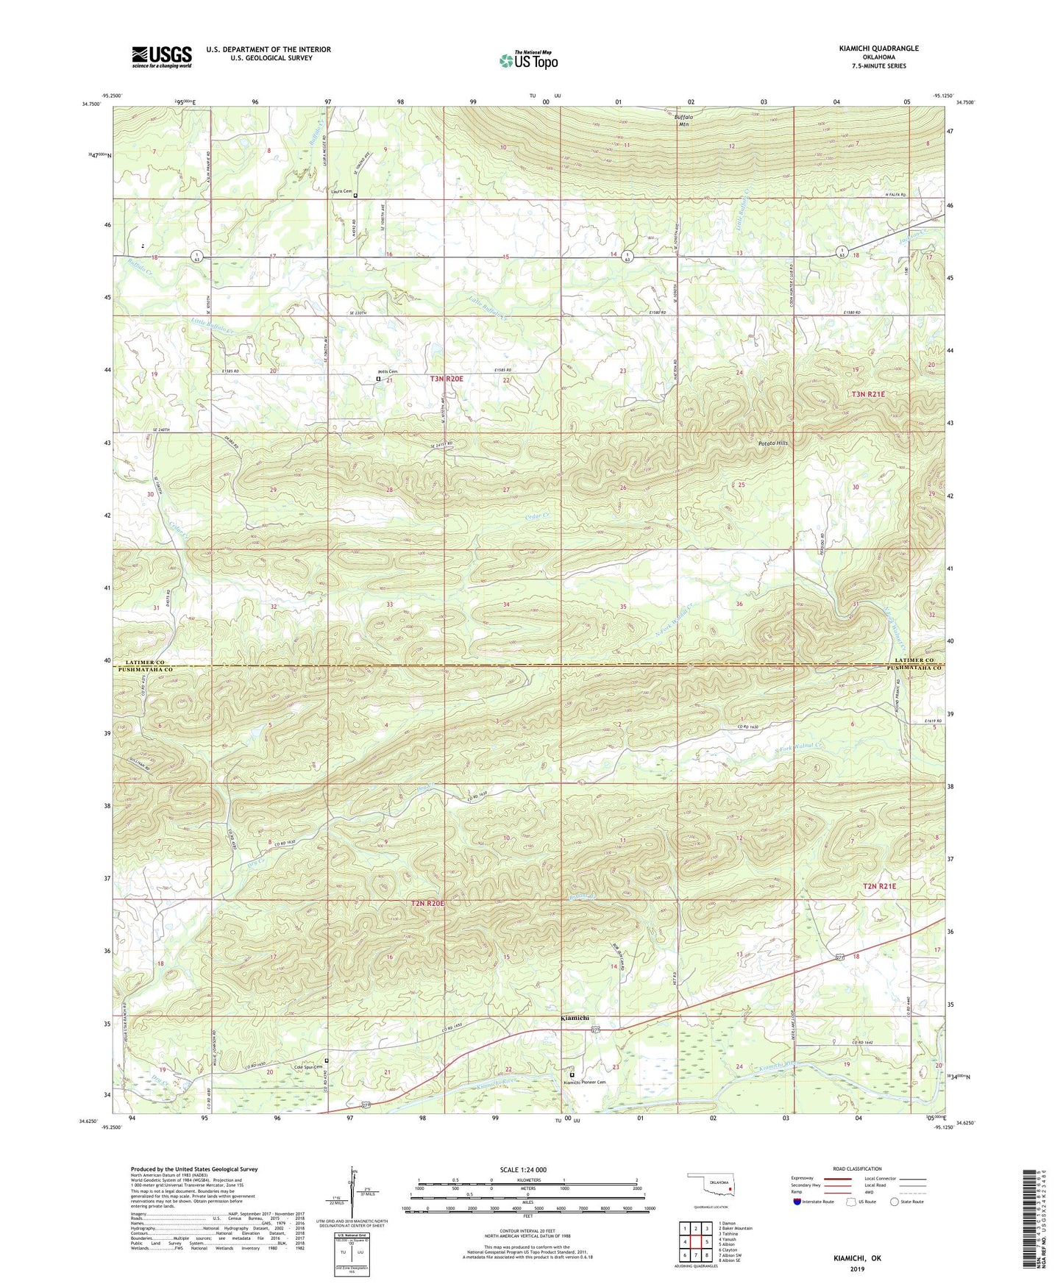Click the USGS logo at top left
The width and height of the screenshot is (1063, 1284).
(x=162, y=57)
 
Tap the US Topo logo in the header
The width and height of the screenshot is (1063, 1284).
(x=528, y=60)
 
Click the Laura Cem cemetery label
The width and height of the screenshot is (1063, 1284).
(x=340, y=191)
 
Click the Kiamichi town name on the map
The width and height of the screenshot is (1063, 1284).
(x=575, y=1018)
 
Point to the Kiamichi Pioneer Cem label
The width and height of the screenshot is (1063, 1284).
(x=585, y=1082)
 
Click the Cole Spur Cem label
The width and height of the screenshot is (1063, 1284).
(x=309, y=1067)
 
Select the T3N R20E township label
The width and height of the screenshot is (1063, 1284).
(x=447, y=379)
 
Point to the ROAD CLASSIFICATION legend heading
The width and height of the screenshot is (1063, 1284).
(x=857, y=1169)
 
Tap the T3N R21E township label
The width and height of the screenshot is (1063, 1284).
(x=869, y=394)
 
